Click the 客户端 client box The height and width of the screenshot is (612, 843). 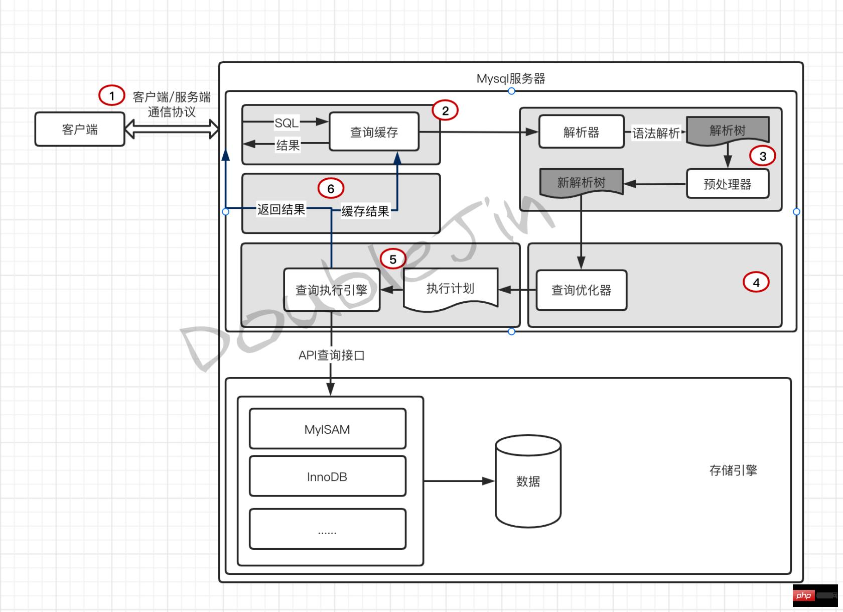[79, 129]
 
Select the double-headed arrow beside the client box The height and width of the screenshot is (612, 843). [172, 129]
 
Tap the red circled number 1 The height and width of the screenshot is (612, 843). [111, 95]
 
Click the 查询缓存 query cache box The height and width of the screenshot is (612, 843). [374, 132]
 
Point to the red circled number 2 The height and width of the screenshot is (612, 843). [445, 110]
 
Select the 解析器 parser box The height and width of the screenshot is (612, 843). [581, 132]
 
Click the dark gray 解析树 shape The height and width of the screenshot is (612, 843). [727, 130]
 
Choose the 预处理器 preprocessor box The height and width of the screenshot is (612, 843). [727, 184]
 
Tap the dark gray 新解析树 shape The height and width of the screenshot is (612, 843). [581, 182]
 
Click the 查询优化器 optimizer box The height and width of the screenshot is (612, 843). [581, 290]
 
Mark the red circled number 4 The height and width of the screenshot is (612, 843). [756, 282]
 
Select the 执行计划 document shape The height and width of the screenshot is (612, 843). [450, 288]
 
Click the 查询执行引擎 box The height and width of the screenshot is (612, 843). [331, 290]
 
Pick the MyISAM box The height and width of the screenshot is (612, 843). [327, 429]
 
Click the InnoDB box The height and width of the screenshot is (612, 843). [327, 476]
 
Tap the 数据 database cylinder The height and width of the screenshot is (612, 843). [528, 481]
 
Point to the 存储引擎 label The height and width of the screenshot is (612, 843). [733, 470]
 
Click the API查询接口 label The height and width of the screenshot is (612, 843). [331, 355]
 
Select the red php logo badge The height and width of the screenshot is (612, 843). [803, 595]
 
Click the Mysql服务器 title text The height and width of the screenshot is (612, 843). [510, 79]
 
